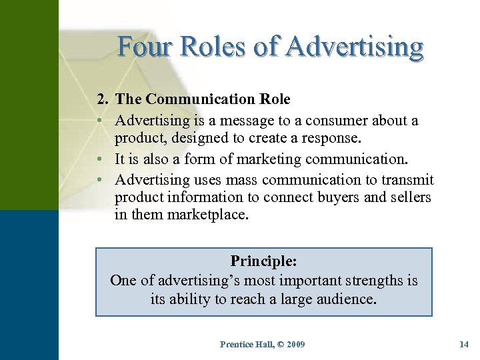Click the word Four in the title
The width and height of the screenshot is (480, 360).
[x=144, y=47]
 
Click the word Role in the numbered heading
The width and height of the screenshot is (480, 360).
[x=275, y=99]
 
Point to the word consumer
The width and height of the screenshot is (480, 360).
[x=351, y=121]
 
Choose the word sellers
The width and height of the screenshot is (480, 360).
[x=407, y=197]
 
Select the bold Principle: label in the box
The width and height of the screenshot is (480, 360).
[x=264, y=261]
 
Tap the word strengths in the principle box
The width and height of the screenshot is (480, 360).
[x=371, y=280]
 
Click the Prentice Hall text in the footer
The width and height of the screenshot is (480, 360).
[x=245, y=344]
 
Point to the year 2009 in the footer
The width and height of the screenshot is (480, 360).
[x=293, y=344]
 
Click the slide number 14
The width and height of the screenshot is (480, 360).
[x=464, y=344]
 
